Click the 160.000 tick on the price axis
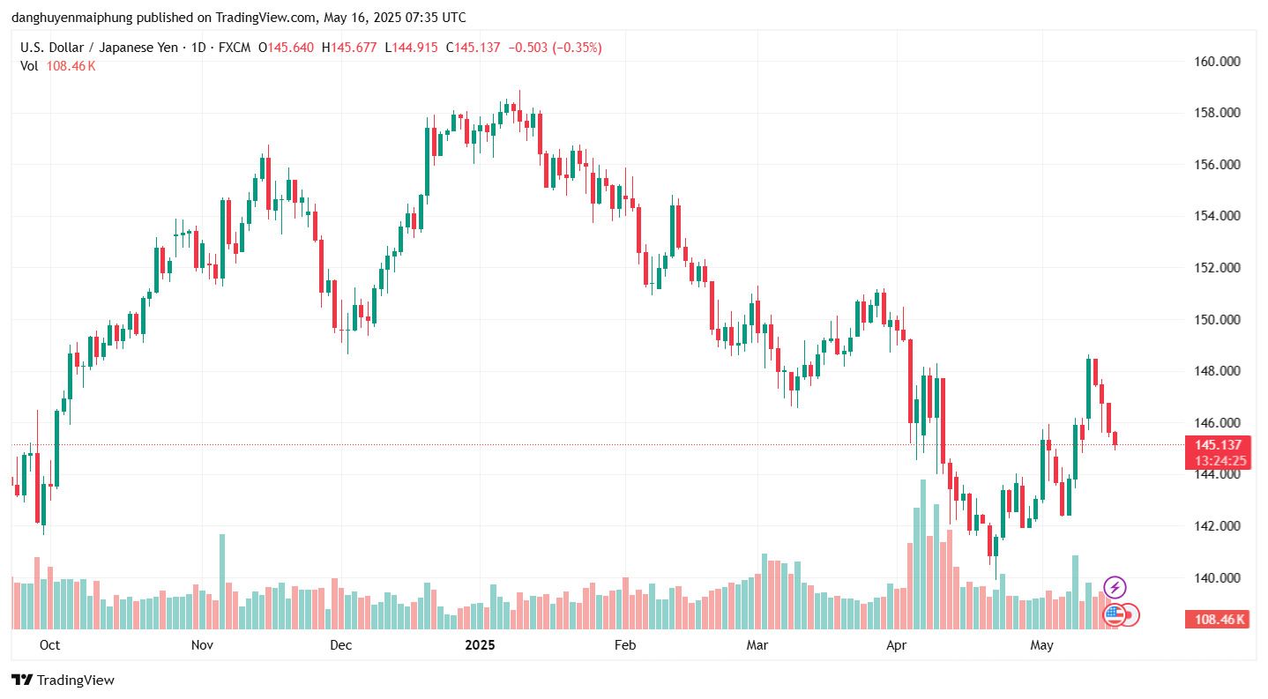tap(1218, 62)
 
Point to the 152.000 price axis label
tap(1218, 268)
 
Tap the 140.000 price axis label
tap(1218, 578)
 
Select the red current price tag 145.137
tap(1217, 445)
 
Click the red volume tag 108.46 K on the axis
tap(1220, 620)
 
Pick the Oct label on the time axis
tap(50, 645)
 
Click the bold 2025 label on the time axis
tap(480, 645)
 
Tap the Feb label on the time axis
tap(624, 645)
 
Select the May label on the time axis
tap(1042, 645)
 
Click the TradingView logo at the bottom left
tap(63, 680)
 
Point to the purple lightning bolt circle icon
tap(1115, 587)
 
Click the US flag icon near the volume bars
tap(1114, 614)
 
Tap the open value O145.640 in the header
tap(286, 48)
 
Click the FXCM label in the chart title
tap(235, 48)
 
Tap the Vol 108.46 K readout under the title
tap(58, 66)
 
